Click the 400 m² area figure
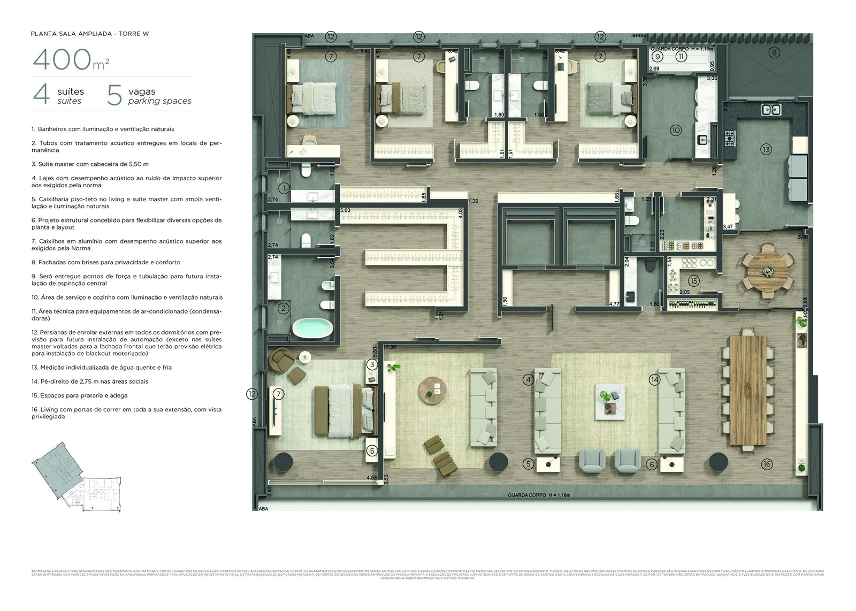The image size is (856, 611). [x=71, y=59]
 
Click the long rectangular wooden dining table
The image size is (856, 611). [x=747, y=391]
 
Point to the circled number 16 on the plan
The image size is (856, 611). [x=767, y=464]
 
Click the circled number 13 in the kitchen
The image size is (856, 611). [x=766, y=149]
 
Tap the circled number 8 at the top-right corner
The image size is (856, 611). [x=774, y=52]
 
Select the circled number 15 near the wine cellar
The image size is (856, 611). [x=694, y=281]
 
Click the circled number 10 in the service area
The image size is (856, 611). [x=676, y=130]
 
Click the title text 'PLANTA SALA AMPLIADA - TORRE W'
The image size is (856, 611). [x=90, y=34]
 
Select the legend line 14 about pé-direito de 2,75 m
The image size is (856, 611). [x=90, y=381]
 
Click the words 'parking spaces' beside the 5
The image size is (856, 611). [x=159, y=101]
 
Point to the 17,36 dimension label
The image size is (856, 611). [x=389, y=347]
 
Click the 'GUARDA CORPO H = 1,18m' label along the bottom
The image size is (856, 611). [x=539, y=495]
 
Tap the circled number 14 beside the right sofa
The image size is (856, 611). [x=654, y=379]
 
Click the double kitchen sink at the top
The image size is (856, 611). [x=771, y=110]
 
